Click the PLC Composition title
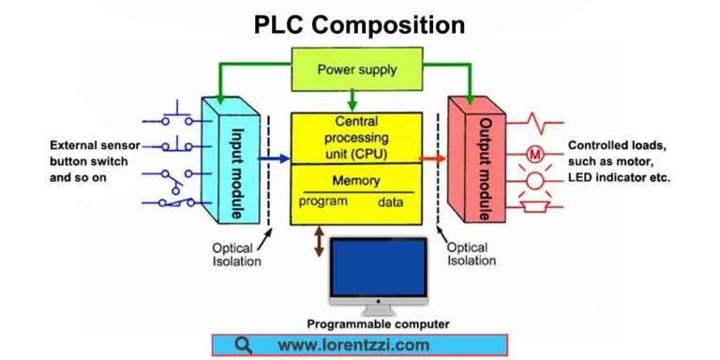click(x=359, y=24)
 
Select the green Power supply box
click(x=356, y=69)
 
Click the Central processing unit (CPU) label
click(x=357, y=138)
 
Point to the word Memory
click(x=356, y=181)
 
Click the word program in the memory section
click(x=323, y=202)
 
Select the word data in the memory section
click(x=391, y=202)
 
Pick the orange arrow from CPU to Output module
click(x=432, y=159)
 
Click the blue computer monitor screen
click(x=379, y=265)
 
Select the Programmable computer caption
click(x=378, y=324)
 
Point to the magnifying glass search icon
click(x=243, y=345)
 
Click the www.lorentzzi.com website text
click(x=353, y=345)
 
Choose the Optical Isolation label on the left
click(x=236, y=254)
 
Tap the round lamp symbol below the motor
click(x=535, y=179)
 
